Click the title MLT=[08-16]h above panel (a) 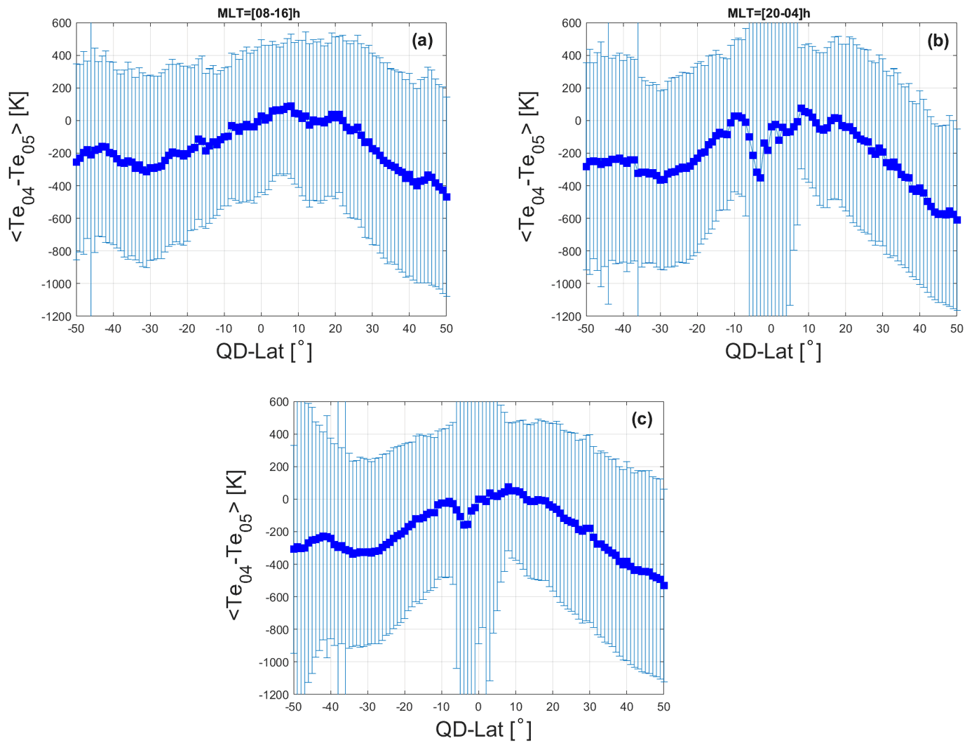pos(259,13)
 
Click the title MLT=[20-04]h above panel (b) pos(769,13)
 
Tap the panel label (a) pos(422,40)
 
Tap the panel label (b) pos(938,40)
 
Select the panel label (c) pos(642,419)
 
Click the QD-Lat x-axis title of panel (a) pos(264,351)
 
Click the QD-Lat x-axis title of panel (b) pos(773,351)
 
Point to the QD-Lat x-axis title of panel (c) pos(483,730)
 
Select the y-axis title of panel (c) pos(237,545)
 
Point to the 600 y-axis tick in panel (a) pos(62,23)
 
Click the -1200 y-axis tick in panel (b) pos(567,316)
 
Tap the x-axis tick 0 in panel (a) pos(261,328)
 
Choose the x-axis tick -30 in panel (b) pos(659,328)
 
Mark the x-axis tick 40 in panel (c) pos(626,707)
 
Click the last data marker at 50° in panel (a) pos(447,197)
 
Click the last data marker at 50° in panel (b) pos(957,220)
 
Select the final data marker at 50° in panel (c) pos(664,585)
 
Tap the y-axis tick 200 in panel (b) pos(572,88)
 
